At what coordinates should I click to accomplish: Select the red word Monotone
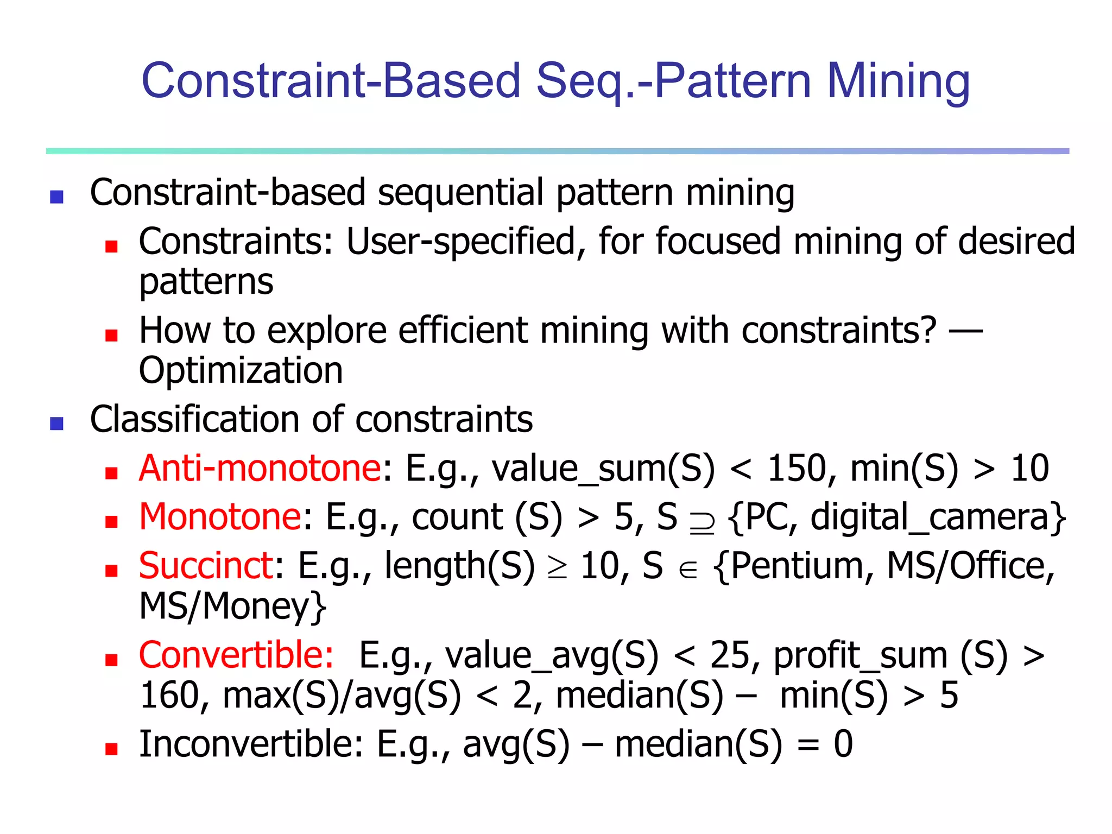(x=220, y=517)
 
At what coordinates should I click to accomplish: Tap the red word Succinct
(x=206, y=566)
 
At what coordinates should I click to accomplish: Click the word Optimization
(x=241, y=371)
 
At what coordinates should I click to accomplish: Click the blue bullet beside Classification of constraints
(x=56, y=423)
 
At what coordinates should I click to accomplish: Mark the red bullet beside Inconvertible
(x=112, y=749)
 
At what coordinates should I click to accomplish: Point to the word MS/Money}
(x=233, y=606)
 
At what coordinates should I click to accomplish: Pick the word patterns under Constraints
(x=206, y=282)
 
